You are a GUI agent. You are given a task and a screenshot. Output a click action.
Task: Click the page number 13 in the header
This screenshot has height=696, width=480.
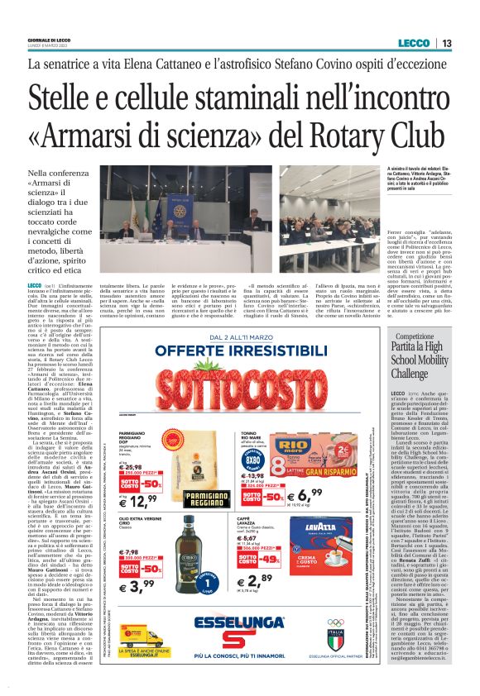pyautogui.click(x=446, y=44)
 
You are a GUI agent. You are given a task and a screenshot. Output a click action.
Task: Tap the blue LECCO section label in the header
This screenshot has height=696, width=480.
pyautogui.click(x=414, y=44)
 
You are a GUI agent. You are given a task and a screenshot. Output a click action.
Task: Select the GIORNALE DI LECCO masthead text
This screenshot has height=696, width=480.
pyautogui.click(x=50, y=41)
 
